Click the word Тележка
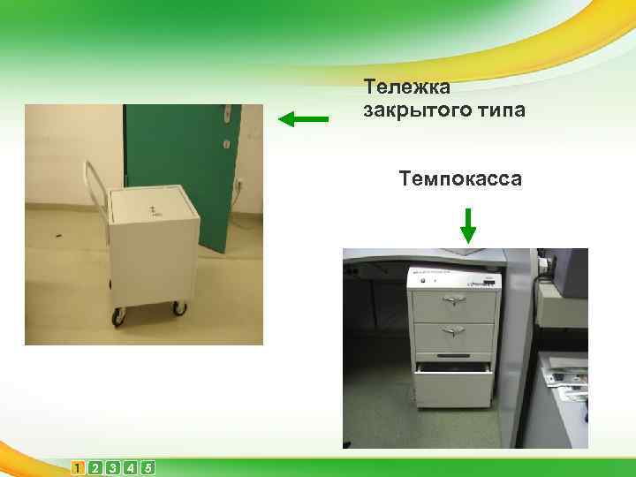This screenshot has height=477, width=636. pos(407,87)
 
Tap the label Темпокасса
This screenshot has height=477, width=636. pos(460,180)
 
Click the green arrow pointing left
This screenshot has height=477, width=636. pos(304,118)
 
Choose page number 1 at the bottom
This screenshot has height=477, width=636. pos(79,467)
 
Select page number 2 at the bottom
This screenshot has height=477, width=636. pos(95,467)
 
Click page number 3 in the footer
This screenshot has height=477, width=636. pos(112,467)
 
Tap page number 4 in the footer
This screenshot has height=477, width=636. pos(130,467)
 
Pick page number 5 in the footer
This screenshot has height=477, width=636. pos(147,467)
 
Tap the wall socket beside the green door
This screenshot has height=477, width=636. pos(238,186)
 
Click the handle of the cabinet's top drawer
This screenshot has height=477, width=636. pos(454,301)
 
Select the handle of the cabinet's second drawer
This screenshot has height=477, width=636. pos(454,331)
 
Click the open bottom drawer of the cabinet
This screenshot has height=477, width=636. pos(455,385)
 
